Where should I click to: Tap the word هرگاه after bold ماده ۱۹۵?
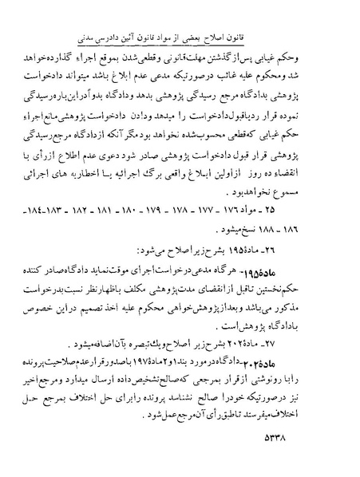pos(283,271)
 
